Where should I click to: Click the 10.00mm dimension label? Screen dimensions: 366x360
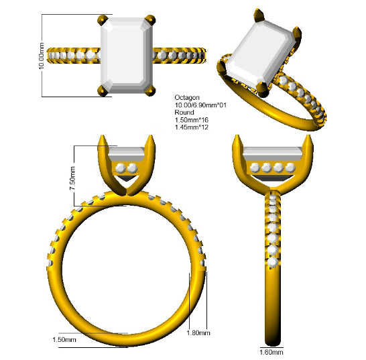coord(42,56)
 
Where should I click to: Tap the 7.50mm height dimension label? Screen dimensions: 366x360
coord(72,178)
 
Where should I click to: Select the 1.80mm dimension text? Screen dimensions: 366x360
coord(198,333)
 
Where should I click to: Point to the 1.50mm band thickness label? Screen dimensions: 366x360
coord(64,339)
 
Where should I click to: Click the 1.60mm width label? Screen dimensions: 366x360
coord(271,352)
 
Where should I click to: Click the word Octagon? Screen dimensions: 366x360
coord(187,98)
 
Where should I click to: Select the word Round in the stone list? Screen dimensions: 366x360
coord(184,113)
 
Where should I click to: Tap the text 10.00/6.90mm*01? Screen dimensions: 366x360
coord(200,105)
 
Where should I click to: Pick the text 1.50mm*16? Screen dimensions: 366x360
coord(192,120)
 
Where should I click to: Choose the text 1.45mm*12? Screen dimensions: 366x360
coord(192,127)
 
